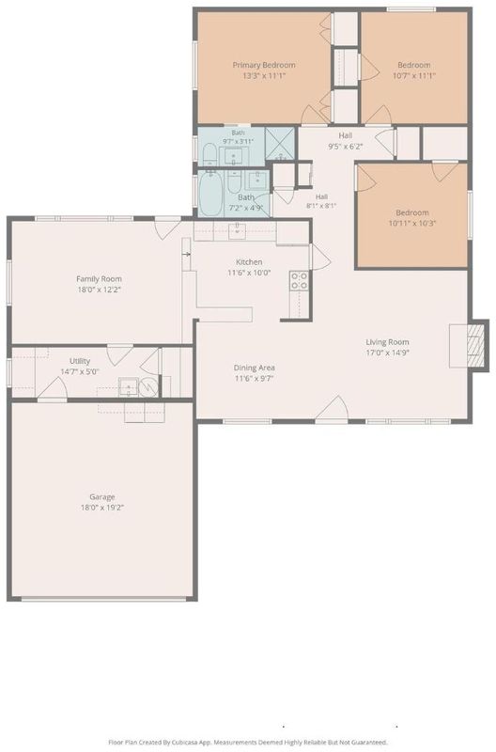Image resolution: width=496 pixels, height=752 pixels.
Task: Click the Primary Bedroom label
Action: [264, 65]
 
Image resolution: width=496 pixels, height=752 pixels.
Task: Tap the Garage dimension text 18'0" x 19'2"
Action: [102, 508]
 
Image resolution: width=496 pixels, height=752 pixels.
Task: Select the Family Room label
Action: [100, 278]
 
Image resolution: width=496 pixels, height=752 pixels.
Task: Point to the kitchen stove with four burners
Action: [299, 280]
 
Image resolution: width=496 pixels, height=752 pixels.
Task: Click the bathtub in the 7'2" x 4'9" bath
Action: [210, 194]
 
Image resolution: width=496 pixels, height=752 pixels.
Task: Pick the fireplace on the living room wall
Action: [469, 345]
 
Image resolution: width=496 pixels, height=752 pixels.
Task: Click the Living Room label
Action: [387, 342]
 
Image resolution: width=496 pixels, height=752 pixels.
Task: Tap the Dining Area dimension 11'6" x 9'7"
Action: [254, 379]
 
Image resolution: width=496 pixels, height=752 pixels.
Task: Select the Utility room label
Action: [80, 361]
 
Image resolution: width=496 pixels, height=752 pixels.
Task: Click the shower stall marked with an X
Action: [279, 143]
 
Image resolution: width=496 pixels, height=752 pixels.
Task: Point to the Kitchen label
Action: [249, 262]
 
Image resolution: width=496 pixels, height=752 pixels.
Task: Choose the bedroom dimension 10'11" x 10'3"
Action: [412, 223]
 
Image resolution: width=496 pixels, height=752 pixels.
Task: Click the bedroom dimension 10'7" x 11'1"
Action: [414, 75]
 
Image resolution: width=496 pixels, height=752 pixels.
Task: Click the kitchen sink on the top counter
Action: [237, 230]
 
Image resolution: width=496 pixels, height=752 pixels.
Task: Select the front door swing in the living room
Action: [333, 409]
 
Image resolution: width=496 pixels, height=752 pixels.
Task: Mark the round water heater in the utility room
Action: [148, 387]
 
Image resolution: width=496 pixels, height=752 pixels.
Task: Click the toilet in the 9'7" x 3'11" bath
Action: [209, 155]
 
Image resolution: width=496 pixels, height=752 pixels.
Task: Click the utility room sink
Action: [129, 387]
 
